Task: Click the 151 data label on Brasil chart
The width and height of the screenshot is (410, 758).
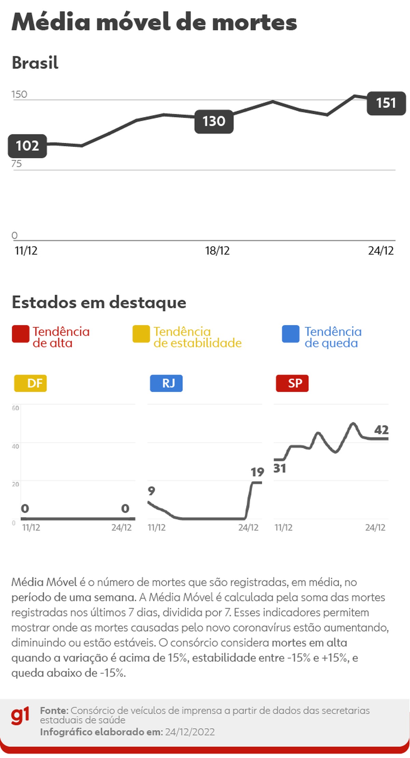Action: click(386, 103)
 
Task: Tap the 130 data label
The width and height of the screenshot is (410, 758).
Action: click(214, 121)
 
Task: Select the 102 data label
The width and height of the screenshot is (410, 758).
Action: click(27, 146)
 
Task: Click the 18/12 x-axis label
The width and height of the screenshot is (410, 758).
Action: click(217, 251)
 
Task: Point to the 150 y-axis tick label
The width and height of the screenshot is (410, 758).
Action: click(19, 94)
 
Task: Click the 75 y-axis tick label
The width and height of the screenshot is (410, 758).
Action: click(16, 164)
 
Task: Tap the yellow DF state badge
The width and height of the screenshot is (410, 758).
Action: click(30, 383)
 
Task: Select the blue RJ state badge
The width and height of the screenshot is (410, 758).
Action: click(166, 383)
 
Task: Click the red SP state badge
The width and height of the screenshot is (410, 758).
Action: click(292, 383)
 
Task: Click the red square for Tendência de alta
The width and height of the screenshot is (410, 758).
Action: click(20, 334)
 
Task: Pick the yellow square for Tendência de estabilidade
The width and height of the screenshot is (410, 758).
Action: click(141, 334)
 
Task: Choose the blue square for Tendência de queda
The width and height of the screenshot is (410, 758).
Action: click(291, 334)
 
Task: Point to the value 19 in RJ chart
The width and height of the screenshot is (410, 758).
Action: click(257, 472)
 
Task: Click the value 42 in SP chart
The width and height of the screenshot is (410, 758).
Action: click(381, 430)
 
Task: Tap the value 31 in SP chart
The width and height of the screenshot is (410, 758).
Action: click(280, 469)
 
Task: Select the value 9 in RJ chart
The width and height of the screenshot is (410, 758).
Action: click(151, 491)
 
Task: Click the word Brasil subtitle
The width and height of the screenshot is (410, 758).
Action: click(35, 63)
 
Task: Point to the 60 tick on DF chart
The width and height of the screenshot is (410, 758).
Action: click(15, 408)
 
